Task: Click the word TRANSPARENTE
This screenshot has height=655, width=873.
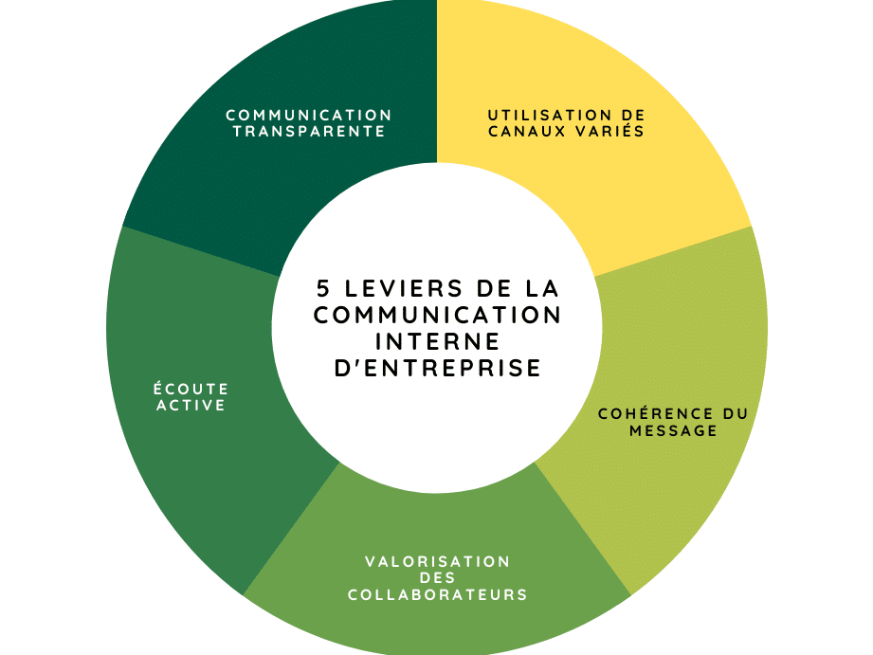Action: tap(309, 132)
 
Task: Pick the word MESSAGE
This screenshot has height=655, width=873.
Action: tap(673, 430)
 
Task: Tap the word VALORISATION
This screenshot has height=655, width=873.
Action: tap(438, 561)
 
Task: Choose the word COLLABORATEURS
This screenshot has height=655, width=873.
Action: tap(438, 595)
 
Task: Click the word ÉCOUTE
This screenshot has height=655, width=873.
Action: tap(191, 388)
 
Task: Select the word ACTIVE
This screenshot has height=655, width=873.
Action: tap(191, 405)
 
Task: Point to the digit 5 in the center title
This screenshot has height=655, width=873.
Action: tap(323, 288)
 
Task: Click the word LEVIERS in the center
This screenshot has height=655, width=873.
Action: tap(404, 288)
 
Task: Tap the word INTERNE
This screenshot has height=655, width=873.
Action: tap(438, 341)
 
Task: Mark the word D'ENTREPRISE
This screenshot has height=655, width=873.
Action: tap(438, 368)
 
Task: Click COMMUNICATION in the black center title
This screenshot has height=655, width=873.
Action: tap(438, 316)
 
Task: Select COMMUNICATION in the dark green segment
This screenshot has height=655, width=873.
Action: tap(309, 116)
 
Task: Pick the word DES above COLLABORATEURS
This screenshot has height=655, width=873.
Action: tap(438, 578)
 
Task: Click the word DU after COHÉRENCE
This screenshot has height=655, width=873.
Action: tap(736, 414)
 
